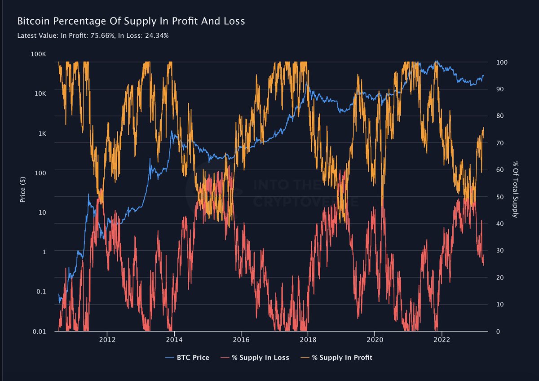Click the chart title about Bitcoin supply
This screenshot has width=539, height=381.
coord(131,21)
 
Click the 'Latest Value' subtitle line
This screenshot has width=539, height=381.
coord(93,35)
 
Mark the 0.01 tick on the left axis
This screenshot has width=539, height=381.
coord(39,332)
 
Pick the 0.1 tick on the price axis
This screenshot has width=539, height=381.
coord(40,291)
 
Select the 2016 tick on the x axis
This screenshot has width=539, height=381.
coord(241,340)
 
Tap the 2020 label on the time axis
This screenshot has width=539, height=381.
coord(375,340)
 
